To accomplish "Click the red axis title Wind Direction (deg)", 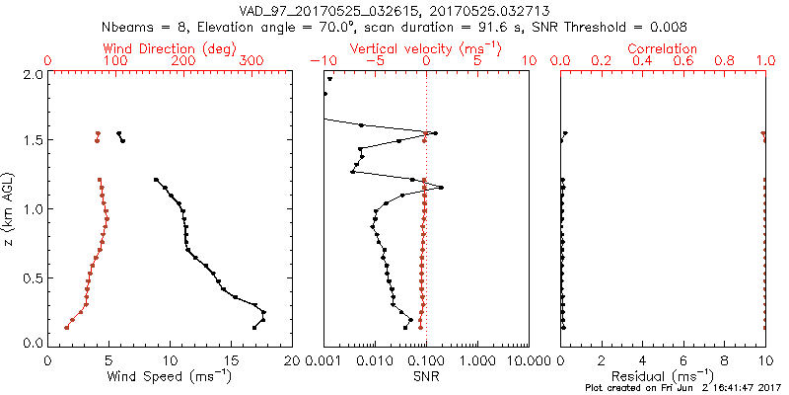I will coord(171,48).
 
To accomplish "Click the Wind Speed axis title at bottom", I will coord(170,376).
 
